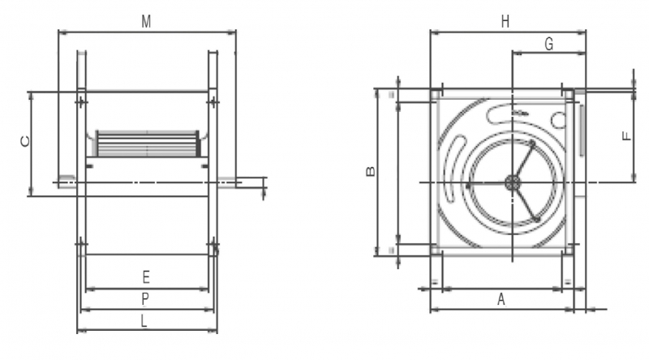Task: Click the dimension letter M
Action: pos(146,22)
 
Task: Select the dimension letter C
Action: pos(25,141)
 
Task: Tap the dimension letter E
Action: pos(146,276)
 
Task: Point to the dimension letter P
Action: pos(145,298)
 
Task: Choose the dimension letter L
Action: pos(144,321)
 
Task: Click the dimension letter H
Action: pos(505,22)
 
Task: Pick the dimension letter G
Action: pos(549,44)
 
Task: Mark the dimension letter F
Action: pos(627,135)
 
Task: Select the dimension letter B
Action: pos(371,171)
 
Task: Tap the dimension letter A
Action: pos(501,298)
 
